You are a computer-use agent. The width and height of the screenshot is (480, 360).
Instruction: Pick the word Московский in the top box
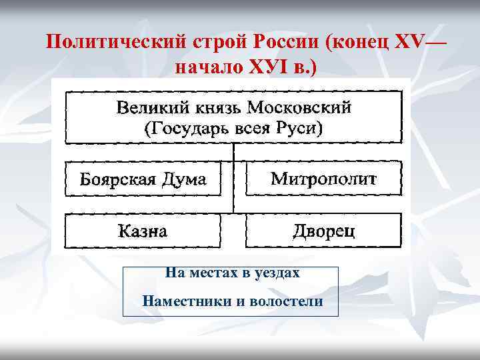(298, 108)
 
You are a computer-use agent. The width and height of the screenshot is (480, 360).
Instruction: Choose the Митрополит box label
(323, 179)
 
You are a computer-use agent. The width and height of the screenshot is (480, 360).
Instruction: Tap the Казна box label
(142, 231)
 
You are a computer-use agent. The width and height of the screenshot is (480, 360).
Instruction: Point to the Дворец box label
(323, 231)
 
